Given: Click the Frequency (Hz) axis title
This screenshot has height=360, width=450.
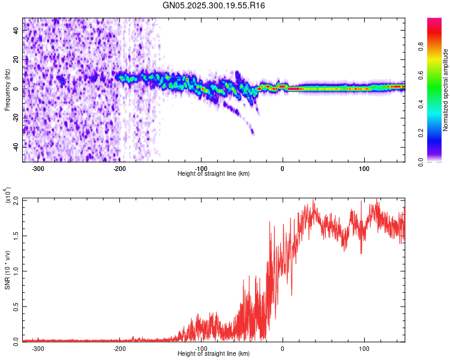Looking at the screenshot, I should click(x=7, y=90).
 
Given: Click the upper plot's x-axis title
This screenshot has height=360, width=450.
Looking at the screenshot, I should click(x=214, y=173).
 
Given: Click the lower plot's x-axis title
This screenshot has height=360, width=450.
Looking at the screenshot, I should click(x=214, y=354).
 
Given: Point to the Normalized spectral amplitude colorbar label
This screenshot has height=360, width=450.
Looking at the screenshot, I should click(x=445, y=90).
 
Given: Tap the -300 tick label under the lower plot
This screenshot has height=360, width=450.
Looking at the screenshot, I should click(x=38, y=348).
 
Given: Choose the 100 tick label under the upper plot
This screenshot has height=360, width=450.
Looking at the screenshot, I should click(x=364, y=168).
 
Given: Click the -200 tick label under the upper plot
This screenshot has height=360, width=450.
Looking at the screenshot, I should click(x=119, y=168).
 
